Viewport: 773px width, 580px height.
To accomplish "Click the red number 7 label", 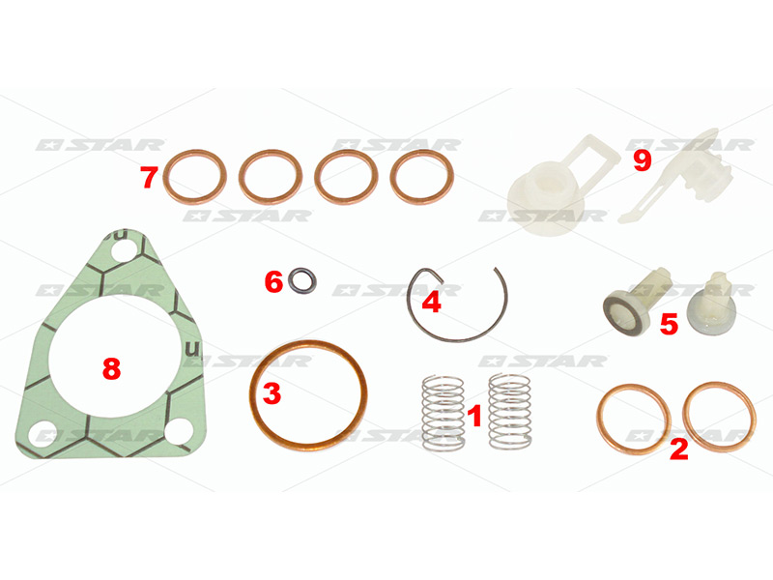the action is pos(149,178).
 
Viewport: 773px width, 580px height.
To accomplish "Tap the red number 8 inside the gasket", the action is pos(111,368).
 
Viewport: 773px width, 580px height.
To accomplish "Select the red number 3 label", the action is pos(272,393).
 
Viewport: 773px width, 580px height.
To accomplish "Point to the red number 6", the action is pos(274,282).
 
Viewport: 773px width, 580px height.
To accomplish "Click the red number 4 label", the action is pos(431,302).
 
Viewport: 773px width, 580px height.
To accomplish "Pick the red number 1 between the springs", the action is pos(473,416).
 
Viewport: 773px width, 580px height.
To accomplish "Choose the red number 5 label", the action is pos(669,325).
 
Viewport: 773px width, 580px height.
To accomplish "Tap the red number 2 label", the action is pos(678,449).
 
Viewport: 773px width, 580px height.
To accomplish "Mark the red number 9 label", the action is pos(642,160).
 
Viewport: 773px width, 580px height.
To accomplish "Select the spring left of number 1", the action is pos(444,413).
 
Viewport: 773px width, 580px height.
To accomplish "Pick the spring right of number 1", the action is pos(510,412).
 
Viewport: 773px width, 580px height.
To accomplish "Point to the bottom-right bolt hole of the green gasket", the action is pos(178,430).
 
